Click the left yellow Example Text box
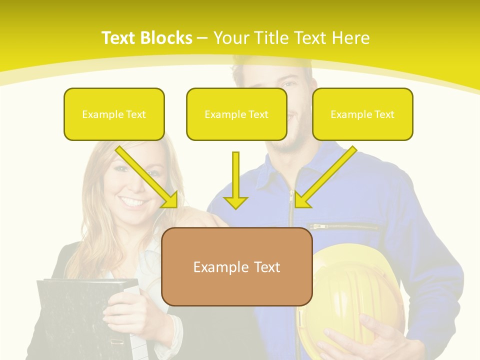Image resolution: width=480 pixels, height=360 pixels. (x=114, y=114)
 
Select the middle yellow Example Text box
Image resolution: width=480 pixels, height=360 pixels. (x=236, y=114)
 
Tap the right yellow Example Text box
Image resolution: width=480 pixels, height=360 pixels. (x=362, y=114)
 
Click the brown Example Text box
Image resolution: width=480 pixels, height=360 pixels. (x=236, y=266)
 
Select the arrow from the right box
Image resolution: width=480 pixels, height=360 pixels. (x=325, y=177)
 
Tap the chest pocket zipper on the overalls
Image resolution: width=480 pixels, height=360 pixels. (x=342, y=226)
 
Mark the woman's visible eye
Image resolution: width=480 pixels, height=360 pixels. (x=120, y=169)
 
